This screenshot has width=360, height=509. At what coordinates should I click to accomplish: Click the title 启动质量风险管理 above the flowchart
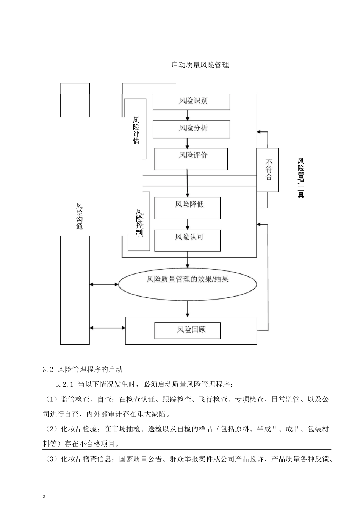[x=200, y=65]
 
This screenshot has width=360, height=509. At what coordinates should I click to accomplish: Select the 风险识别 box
[x=191, y=101]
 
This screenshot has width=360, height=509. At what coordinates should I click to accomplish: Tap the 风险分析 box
[x=191, y=129]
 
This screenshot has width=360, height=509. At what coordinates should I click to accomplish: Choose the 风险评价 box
[x=191, y=159]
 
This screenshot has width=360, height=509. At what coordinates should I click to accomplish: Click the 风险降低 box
[x=188, y=208]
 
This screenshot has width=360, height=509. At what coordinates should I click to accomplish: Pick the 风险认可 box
[x=188, y=240]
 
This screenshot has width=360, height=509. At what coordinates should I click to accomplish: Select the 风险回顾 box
[x=187, y=330]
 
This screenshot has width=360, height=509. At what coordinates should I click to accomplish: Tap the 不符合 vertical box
[x=268, y=169]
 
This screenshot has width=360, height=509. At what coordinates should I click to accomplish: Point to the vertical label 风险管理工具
[x=301, y=178]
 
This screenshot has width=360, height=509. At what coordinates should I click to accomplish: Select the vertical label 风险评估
[x=136, y=130]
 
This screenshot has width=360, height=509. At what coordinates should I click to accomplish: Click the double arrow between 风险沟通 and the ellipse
[x=104, y=284]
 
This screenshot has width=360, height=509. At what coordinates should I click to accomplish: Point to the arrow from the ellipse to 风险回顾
[x=187, y=308]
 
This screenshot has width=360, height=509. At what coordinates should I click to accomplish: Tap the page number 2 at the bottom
[x=44, y=496]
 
